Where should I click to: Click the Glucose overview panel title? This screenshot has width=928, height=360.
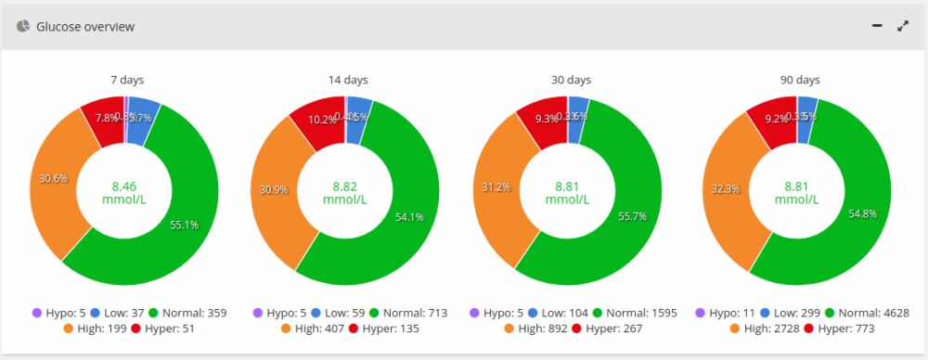point(85,27)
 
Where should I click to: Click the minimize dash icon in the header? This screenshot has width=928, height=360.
point(877,27)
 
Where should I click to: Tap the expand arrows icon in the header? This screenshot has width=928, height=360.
point(903,27)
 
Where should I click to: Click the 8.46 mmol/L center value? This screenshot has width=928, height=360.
point(123,191)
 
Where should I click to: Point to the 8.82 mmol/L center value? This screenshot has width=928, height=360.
point(345,191)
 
